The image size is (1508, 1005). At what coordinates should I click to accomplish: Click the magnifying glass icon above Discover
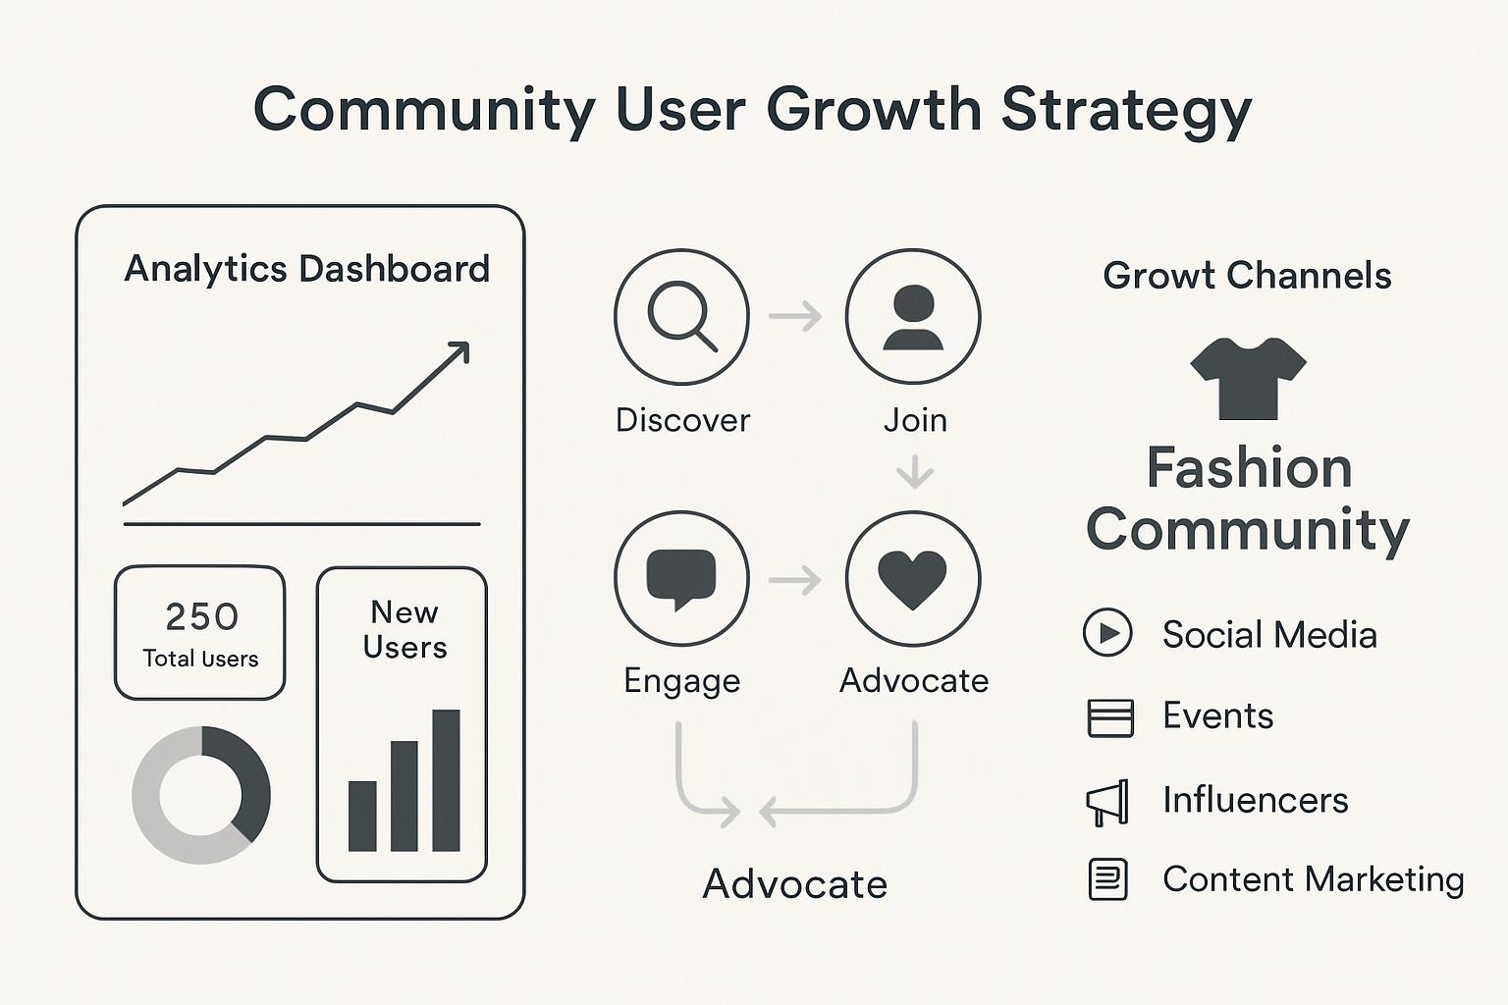[x=681, y=316]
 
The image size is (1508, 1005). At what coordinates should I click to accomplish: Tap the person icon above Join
[x=913, y=317]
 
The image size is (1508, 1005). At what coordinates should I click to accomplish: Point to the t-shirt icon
[x=1248, y=378]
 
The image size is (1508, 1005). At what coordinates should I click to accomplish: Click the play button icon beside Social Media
[x=1107, y=632]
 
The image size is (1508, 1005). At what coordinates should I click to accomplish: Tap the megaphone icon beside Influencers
[x=1107, y=803]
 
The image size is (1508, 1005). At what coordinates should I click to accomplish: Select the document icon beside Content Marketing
[x=1108, y=879]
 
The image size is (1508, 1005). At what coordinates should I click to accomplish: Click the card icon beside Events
[x=1110, y=718]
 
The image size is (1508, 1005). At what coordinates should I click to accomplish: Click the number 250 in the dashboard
[x=202, y=616]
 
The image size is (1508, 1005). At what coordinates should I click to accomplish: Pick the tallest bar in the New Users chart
[x=446, y=780]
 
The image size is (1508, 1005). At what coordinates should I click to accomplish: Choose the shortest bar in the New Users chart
[x=362, y=816]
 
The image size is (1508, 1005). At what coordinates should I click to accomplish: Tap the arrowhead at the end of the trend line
[x=459, y=350]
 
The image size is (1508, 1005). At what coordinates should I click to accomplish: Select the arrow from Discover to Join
[x=795, y=316]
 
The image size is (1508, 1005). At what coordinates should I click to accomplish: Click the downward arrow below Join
[x=914, y=471]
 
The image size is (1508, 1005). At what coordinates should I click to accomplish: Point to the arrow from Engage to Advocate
[x=795, y=580]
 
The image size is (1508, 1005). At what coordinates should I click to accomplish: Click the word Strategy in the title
[x=1126, y=111]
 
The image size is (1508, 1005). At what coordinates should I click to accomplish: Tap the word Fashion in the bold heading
[x=1250, y=467]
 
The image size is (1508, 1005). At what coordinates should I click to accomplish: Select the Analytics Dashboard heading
[x=307, y=269]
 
